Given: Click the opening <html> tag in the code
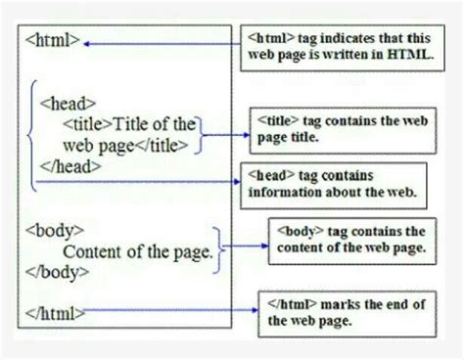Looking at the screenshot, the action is (50, 42).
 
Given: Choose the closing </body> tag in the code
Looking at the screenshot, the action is (55, 271).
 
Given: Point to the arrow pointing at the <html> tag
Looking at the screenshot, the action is (157, 43).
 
